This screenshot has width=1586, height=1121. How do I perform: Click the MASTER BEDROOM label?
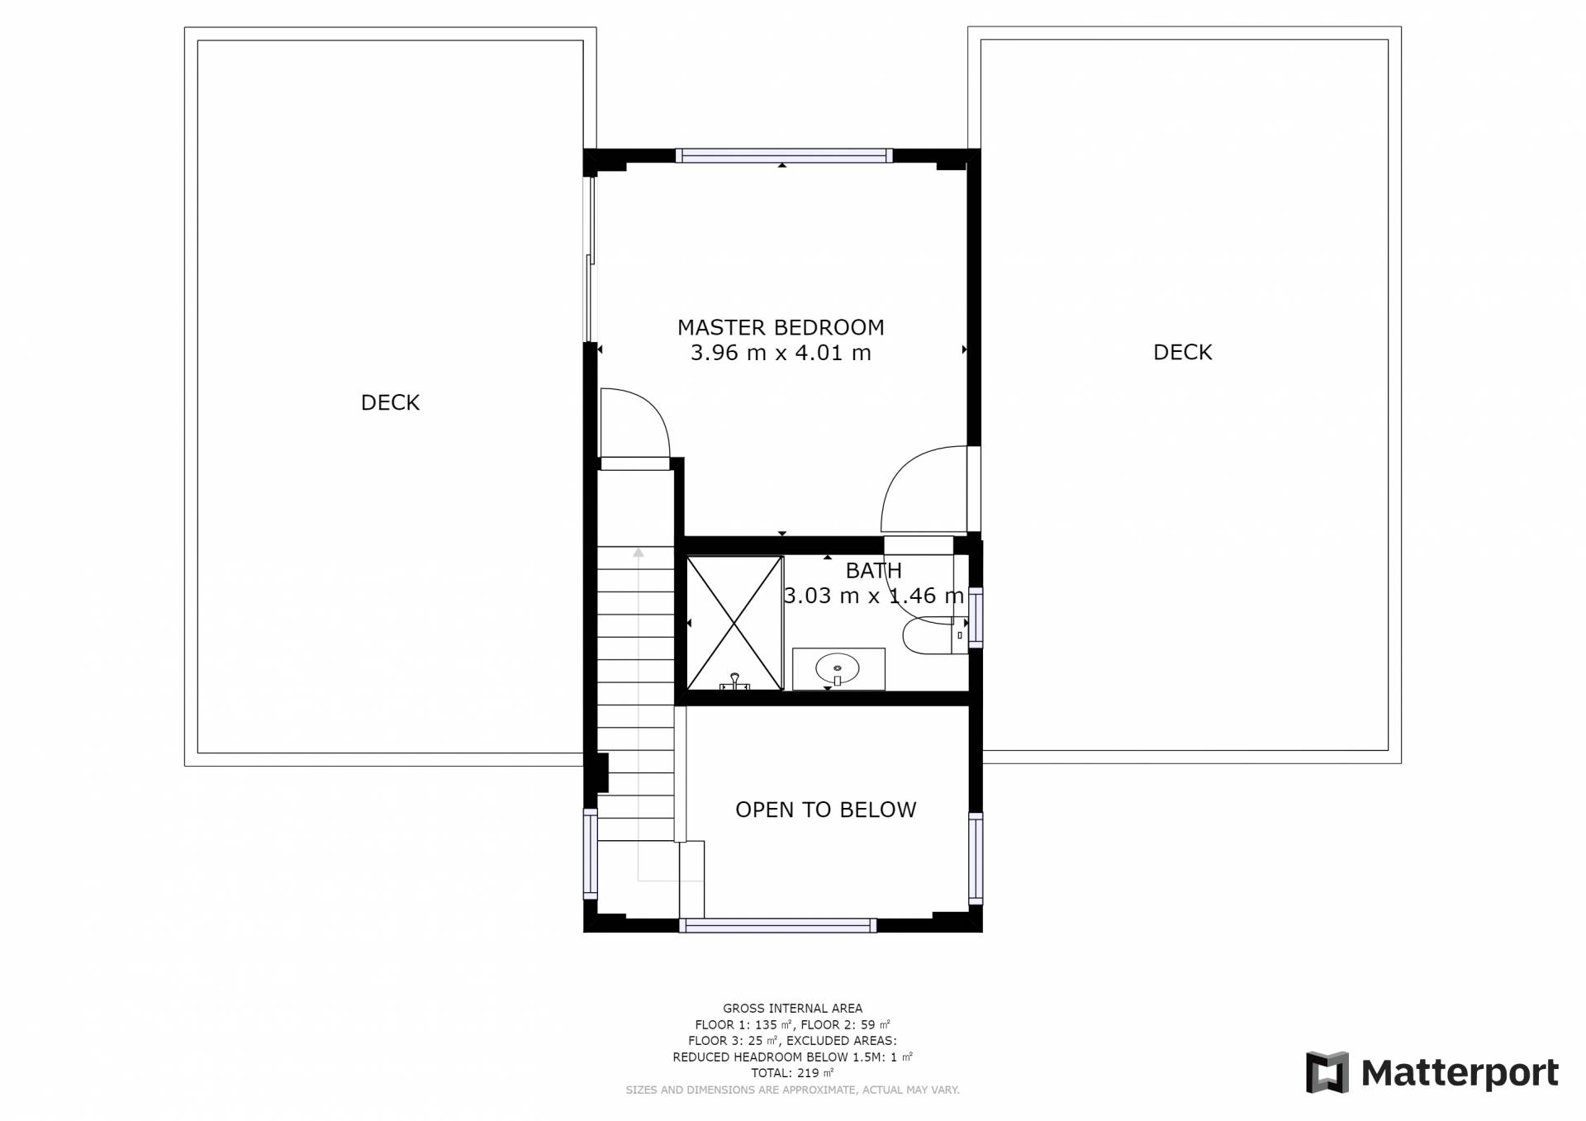coord(781,328)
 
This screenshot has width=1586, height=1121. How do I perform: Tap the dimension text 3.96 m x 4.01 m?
coord(781,354)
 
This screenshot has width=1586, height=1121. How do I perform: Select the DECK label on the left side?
coord(391,402)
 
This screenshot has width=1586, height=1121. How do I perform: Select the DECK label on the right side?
coord(1183,352)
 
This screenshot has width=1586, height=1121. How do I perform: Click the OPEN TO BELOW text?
coord(826,810)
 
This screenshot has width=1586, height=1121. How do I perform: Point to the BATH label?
coord(874,571)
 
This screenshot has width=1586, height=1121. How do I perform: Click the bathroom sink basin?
coord(838,667)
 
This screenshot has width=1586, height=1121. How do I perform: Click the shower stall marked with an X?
coord(734,623)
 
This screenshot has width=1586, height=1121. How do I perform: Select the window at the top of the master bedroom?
coord(784,155)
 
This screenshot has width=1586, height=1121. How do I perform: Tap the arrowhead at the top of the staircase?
coord(638,552)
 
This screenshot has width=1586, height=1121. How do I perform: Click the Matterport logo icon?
coord(1327,1072)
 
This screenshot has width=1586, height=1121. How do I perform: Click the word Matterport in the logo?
coord(1460,1073)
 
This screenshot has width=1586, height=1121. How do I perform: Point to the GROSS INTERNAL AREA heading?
coord(793,1009)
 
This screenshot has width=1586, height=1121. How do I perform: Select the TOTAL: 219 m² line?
coord(793,1073)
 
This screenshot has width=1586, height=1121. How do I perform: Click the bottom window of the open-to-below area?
coord(777,926)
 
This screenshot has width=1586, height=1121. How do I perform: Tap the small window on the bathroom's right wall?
coord(976,616)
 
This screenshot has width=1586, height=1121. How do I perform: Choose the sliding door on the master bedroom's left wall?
coord(590,259)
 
